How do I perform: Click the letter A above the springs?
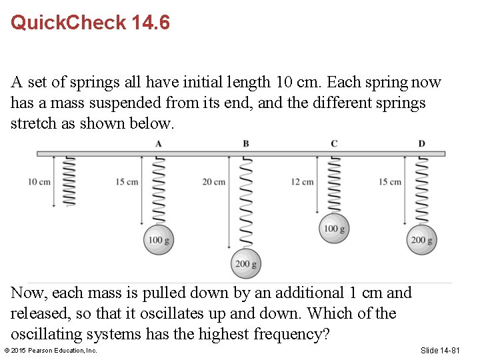pyautogui.click(x=158, y=143)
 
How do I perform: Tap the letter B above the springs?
pyautogui.click(x=246, y=143)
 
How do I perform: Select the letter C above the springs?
pyautogui.click(x=334, y=143)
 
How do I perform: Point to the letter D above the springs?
pyautogui.click(x=421, y=143)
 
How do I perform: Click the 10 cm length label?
pyautogui.click(x=39, y=182)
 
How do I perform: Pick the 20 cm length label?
pyautogui.click(x=214, y=182)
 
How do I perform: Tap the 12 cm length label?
pyautogui.click(x=302, y=182)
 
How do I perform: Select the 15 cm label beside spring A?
pyautogui.click(x=127, y=182)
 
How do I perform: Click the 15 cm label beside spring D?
pyautogui.click(x=390, y=182)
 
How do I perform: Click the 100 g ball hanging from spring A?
pyautogui.click(x=159, y=240)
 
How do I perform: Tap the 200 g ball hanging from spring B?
pyautogui.click(x=246, y=263)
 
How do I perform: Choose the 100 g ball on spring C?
pyautogui.click(x=334, y=229)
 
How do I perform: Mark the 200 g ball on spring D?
pyautogui.click(x=422, y=240)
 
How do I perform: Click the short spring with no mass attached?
pyautogui.click(x=69, y=181)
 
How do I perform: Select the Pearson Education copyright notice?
pyautogui.click(x=51, y=350)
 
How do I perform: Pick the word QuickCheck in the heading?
pyautogui.click(x=68, y=23)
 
